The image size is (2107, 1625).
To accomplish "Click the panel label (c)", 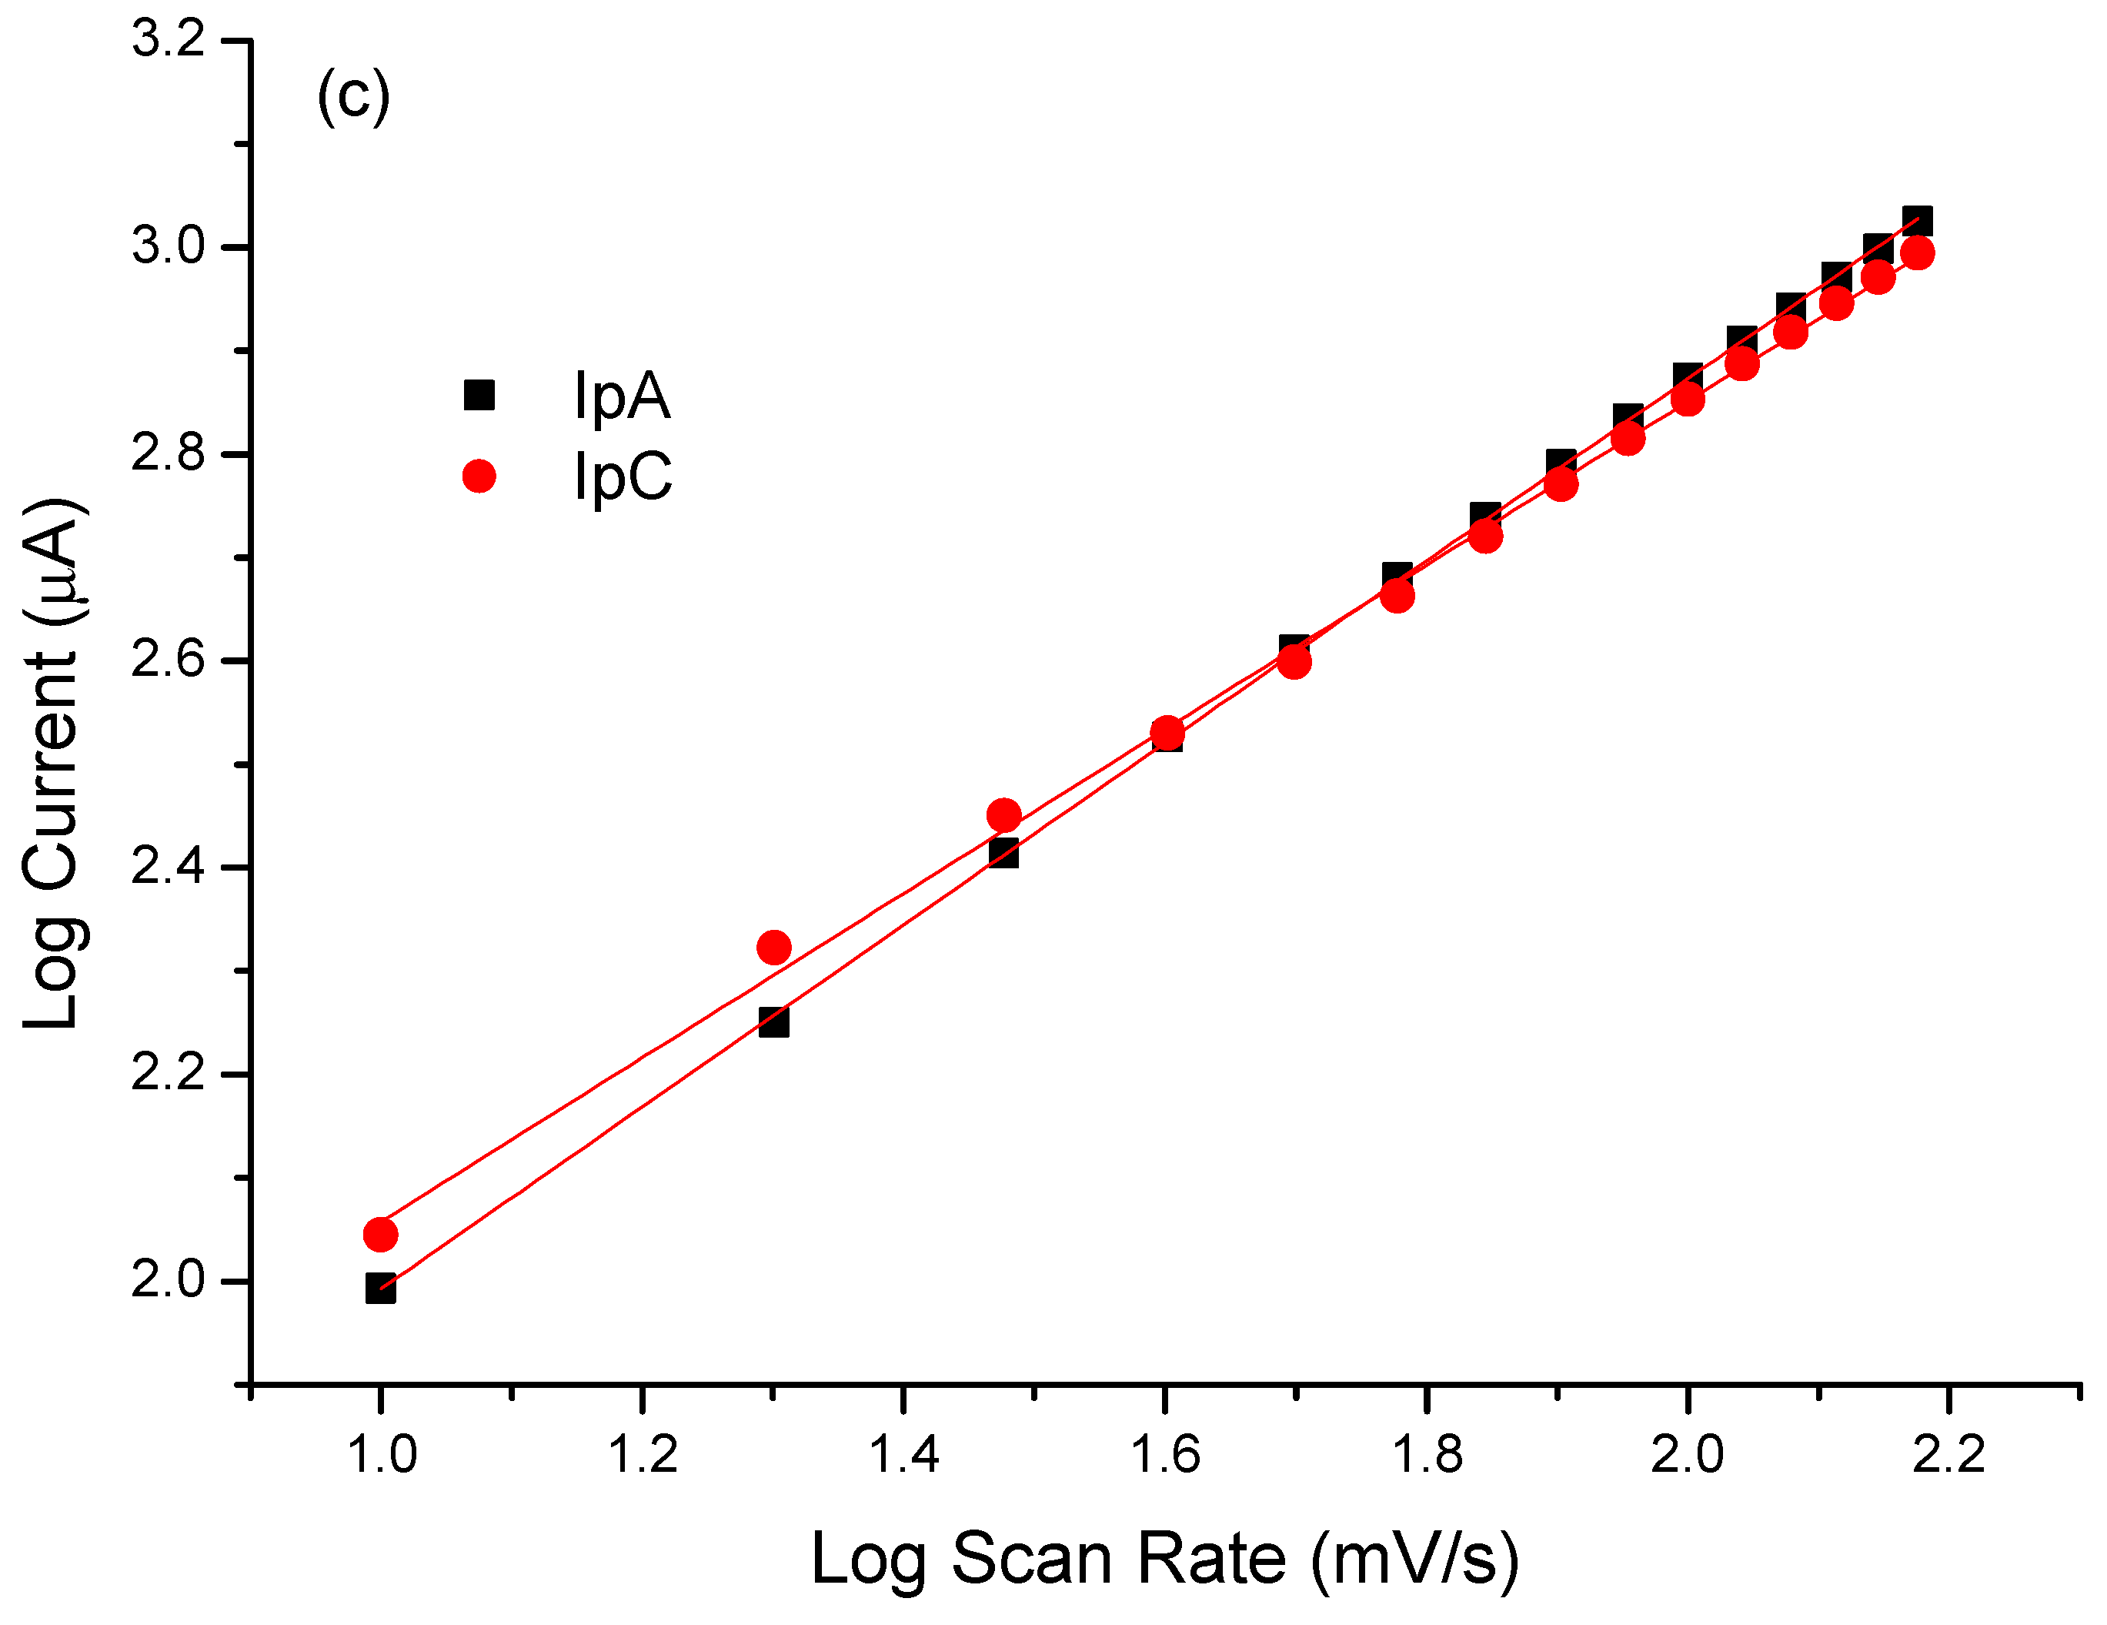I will point(353,96).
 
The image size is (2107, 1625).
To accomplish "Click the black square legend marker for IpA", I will point(479,395).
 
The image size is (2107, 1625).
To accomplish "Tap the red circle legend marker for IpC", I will point(479,476).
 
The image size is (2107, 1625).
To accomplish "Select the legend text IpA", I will point(621,396).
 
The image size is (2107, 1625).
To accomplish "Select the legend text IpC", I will point(623,476).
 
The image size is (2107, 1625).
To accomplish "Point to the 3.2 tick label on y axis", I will point(169,41).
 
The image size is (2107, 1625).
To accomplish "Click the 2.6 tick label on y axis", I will point(169,661).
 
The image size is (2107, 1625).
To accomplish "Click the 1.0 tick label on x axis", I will point(381,1454).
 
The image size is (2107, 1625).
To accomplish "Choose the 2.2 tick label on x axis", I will point(1948,1454).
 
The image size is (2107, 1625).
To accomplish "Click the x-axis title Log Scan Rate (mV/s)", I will point(1164,1559).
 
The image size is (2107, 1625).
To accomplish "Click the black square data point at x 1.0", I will point(381,1289).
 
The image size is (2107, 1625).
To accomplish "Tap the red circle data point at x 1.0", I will point(381,1234).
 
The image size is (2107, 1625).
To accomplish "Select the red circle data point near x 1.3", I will point(773,948).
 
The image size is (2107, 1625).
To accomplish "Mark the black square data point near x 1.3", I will point(773,1022).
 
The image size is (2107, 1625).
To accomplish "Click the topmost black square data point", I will point(1917,221).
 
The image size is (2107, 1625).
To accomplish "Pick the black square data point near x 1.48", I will point(1003,853).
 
